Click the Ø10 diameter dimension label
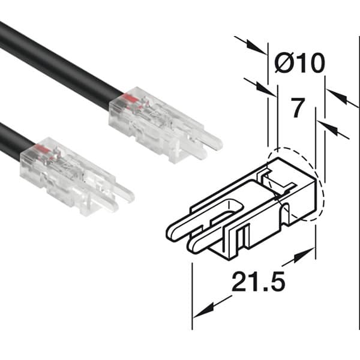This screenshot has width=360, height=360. click(299, 62)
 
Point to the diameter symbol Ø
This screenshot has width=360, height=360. click(284, 62)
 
